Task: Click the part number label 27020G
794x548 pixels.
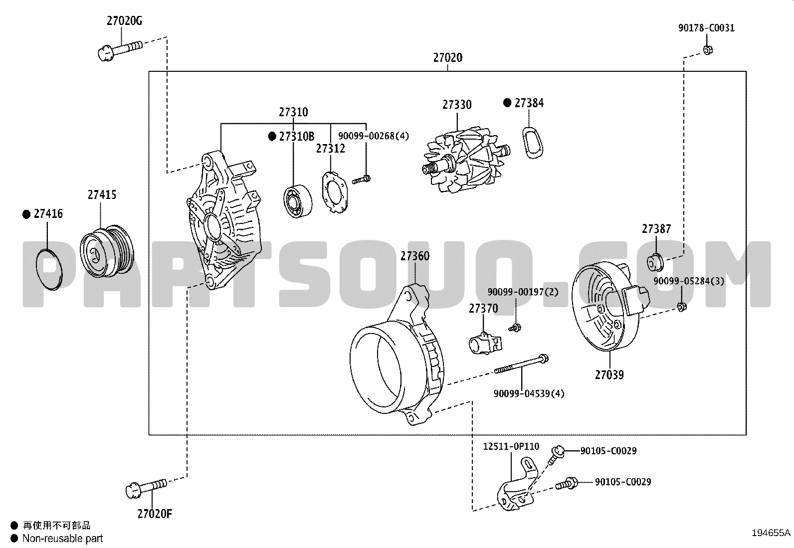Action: click(x=124, y=21)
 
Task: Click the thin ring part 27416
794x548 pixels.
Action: click(x=49, y=270)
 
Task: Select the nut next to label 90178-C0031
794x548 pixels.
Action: click(x=708, y=50)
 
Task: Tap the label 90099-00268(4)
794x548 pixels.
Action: click(x=374, y=136)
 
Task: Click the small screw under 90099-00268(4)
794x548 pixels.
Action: click(x=361, y=180)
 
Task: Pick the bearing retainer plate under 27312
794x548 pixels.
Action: click(x=335, y=192)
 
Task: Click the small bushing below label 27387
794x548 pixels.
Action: click(x=655, y=263)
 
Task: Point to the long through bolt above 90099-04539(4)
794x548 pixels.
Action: click(x=521, y=364)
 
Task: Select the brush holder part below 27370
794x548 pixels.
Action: click(x=485, y=344)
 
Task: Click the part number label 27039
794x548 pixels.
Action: click(x=609, y=374)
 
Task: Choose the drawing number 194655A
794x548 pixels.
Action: click(x=771, y=533)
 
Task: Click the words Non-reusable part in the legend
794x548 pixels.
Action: click(x=63, y=539)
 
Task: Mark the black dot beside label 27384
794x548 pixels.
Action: click(x=507, y=103)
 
